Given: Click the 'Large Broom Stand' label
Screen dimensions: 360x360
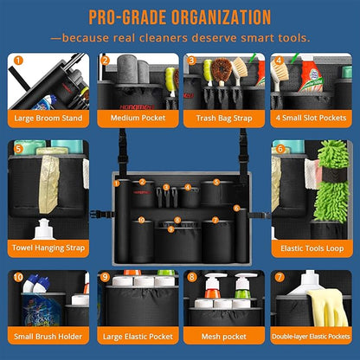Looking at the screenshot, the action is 48,118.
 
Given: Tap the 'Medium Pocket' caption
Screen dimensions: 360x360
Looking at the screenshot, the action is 138,118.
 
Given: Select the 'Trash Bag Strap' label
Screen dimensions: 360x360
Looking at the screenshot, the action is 224,118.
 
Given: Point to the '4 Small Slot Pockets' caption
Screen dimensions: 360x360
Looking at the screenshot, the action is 311,118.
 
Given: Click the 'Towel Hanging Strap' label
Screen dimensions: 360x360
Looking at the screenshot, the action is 48,248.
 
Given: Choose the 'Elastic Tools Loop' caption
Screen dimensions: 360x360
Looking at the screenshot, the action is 312,248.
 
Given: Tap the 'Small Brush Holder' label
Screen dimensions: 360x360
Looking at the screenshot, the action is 48,337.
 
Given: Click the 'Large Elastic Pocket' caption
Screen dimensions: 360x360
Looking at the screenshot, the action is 138,337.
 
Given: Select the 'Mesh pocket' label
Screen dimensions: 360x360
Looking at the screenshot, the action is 224,337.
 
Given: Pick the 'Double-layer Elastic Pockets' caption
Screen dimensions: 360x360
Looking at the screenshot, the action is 311,337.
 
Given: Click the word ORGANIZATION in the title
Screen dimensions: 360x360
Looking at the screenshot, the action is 222,17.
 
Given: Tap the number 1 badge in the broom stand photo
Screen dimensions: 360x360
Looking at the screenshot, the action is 18,61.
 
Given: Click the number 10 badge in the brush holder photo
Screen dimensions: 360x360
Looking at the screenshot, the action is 18,277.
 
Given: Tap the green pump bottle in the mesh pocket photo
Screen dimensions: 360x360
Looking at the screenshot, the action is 243,286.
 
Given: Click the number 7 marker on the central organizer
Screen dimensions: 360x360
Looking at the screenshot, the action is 215,220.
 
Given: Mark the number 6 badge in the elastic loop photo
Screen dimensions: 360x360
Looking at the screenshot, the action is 280,149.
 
